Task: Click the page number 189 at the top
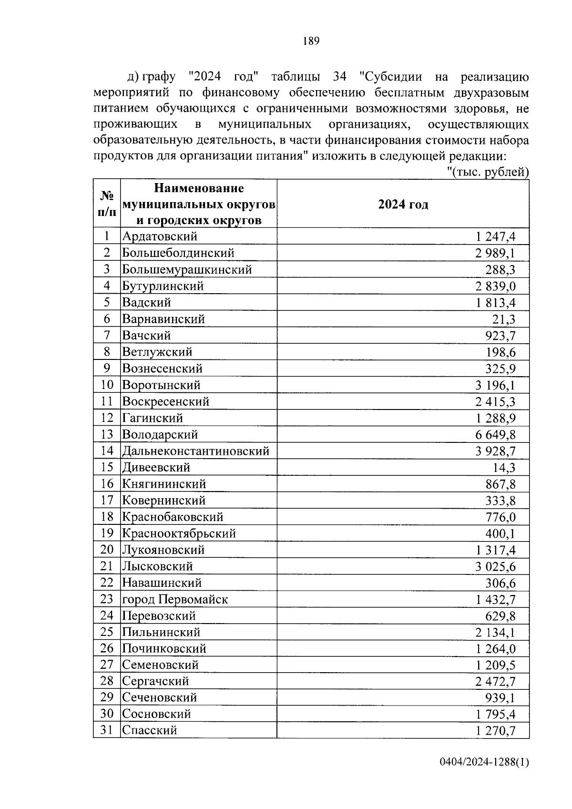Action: [x=311, y=41]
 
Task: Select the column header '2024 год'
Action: [x=403, y=205]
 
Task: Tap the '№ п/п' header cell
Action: [x=107, y=204]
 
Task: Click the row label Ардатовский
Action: [x=160, y=236]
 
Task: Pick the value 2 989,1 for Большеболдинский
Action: [x=495, y=253]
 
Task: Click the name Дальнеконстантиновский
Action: [x=196, y=451]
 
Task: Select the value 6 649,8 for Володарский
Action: [x=495, y=435]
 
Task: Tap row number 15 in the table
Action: [x=107, y=467]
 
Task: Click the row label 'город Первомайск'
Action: [x=175, y=599]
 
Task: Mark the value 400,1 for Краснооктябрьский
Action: [x=500, y=533]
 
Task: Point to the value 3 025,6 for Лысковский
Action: [x=495, y=566]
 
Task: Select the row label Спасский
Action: [x=150, y=730]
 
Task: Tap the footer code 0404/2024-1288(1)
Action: [x=484, y=776]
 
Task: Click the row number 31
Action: [x=107, y=730]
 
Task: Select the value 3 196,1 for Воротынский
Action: [x=495, y=385]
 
